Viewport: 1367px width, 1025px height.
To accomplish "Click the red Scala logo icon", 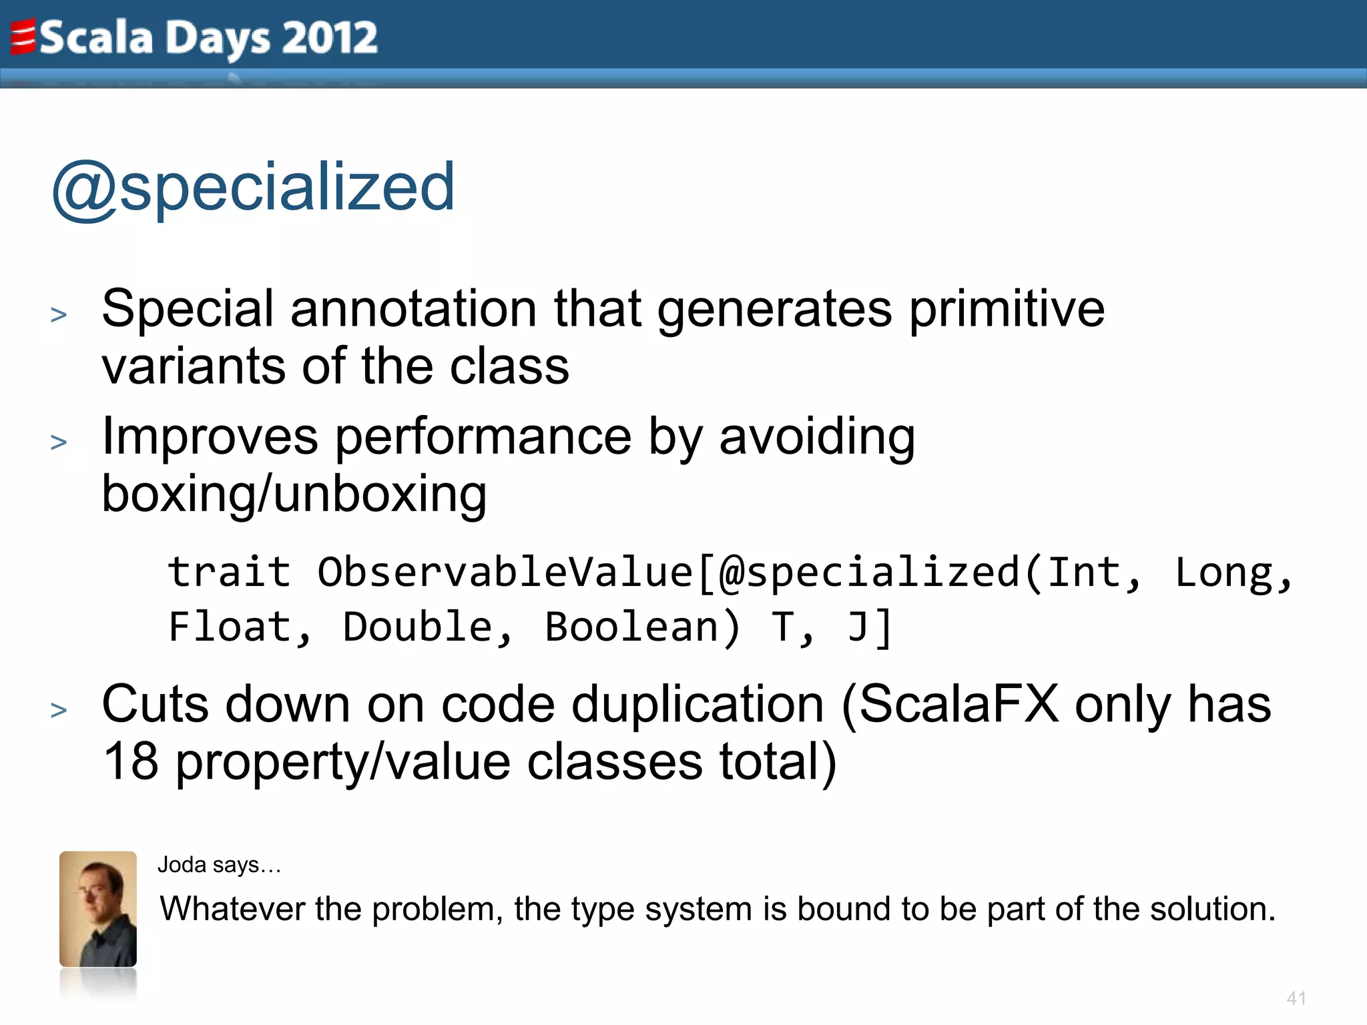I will [x=23, y=37].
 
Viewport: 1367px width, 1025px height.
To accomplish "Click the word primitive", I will [x=1007, y=309].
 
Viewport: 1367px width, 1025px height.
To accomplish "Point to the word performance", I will [x=483, y=437].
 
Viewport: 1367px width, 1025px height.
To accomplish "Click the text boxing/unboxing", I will [x=294, y=494].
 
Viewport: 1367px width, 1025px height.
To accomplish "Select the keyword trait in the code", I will [x=229, y=573].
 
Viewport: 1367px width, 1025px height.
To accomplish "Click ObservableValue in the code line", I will [x=505, y=573].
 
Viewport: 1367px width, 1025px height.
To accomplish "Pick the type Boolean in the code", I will [x=631, y=627].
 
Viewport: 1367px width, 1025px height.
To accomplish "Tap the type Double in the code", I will [x=418, y=627].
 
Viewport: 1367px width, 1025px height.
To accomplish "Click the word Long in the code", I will [x=1224, y=573].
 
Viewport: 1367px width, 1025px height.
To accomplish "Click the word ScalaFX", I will [x=959, y=704].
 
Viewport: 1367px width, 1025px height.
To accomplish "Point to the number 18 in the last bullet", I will [x=131, y=761].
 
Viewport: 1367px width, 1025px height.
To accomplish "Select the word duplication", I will [x=698, y=704].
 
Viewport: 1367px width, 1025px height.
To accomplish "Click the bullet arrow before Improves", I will [x=59, y=442].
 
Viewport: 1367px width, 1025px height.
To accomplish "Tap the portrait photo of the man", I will [x=98, y=909].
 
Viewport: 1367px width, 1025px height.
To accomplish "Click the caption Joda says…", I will [x=219, y=865].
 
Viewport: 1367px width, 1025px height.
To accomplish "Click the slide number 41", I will [x=1296, y=998].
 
